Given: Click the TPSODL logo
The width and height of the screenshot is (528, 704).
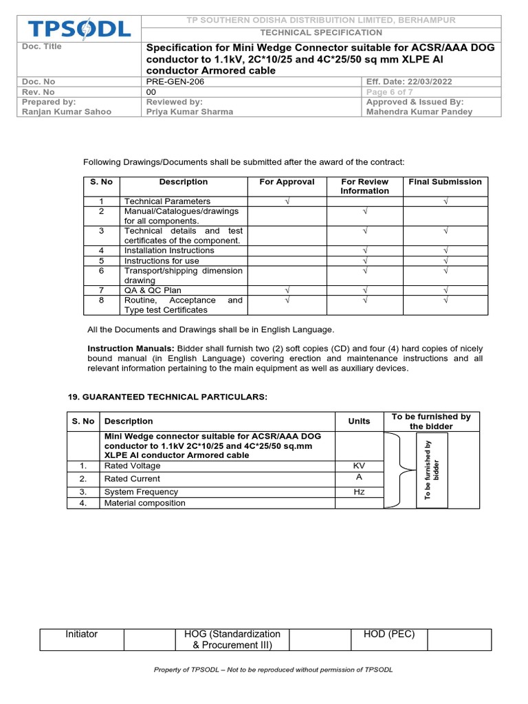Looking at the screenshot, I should click(x=78, y=29).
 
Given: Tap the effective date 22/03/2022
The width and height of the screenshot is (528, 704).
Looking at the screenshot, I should click(x=410, y=82).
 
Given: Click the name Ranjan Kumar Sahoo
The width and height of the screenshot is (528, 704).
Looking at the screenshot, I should click(x=64, y=111).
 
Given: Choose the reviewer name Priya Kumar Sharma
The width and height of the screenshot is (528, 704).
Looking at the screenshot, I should click(x=190, y=111).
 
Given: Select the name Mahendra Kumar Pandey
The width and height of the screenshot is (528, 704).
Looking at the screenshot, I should click(x=419, y=111).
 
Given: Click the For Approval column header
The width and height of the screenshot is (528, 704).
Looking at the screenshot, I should click(x=287, y=182).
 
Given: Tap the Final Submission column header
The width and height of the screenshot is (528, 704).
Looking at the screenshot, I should click(x=445, y=182).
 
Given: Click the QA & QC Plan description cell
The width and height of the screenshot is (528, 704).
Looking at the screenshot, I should click(x=153, y=291).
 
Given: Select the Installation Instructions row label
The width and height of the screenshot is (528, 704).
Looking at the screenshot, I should click(x=169, y=251).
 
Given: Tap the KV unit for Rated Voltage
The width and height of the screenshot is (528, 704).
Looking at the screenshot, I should click(x=359, y=466).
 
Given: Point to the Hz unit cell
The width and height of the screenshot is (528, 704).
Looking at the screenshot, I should click(x=359, y=492).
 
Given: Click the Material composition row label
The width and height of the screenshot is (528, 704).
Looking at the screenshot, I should click(x=144, y=503).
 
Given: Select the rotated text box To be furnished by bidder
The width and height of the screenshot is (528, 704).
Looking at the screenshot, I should click(x=432, y=470).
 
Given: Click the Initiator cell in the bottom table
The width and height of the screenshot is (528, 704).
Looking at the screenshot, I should click(x=81, y=635).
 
